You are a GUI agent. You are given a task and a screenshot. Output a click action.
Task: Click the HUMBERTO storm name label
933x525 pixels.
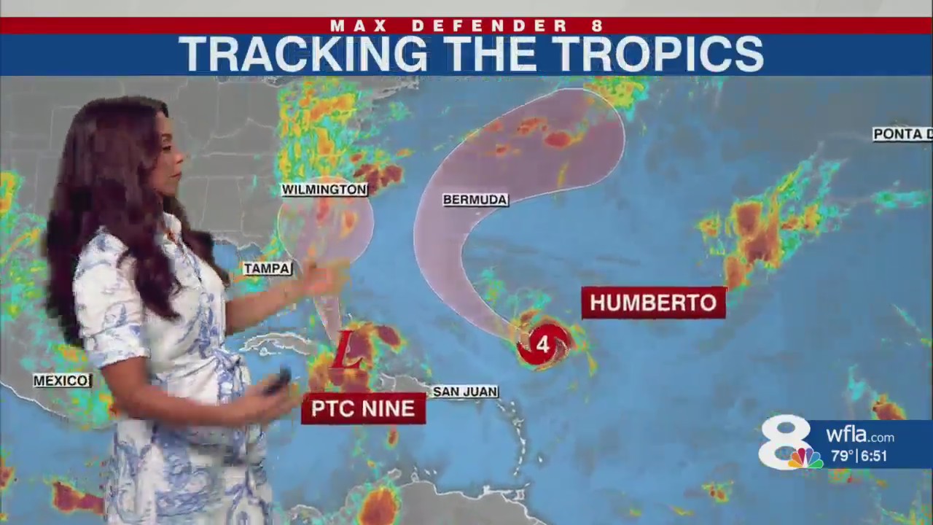[x=653, y=303]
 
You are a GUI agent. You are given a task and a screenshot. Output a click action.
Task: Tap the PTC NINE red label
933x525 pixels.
[x=363, y=409]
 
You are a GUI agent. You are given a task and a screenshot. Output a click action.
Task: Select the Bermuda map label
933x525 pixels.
[x=475, y=200]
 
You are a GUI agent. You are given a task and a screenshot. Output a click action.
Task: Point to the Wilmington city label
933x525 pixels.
[x=324, y=190]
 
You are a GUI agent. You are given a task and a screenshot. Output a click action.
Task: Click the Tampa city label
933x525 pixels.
[x=268, y=268]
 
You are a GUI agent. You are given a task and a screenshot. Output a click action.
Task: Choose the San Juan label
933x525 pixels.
[x=465, y=392]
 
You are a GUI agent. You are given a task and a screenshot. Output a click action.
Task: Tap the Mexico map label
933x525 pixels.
[x=63, y=381]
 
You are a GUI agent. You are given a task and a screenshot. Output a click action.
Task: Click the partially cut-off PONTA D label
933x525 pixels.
[x=902, y=134]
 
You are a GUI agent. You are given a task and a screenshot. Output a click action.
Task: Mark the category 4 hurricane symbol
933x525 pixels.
[x=543, y=344]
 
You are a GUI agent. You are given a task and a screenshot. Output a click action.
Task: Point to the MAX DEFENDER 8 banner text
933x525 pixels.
[x=466, y=26]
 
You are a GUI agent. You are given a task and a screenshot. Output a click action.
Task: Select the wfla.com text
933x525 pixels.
[x=860, y=436]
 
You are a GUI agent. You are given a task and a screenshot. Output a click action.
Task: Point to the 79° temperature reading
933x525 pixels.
[x=842, y=456]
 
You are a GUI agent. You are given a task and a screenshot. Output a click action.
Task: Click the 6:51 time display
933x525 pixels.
[x=874, y=456]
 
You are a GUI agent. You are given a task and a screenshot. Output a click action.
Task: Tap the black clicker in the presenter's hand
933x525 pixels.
[x=278, y=381]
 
